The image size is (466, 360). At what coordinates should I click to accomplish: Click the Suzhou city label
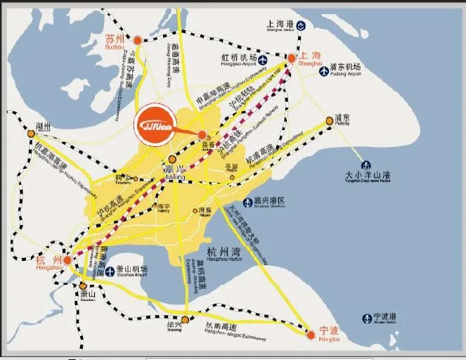tap(114, 41)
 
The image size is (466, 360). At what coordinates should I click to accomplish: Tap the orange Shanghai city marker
tap(292, 58)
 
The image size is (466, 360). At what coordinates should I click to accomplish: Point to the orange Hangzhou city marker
tap(67, 260)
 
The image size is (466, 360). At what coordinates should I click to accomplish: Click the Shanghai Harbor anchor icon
tap(301, 26)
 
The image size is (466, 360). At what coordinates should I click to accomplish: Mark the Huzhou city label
tap(43, 127)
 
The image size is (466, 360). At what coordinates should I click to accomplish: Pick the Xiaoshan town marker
tap(83, 286)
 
